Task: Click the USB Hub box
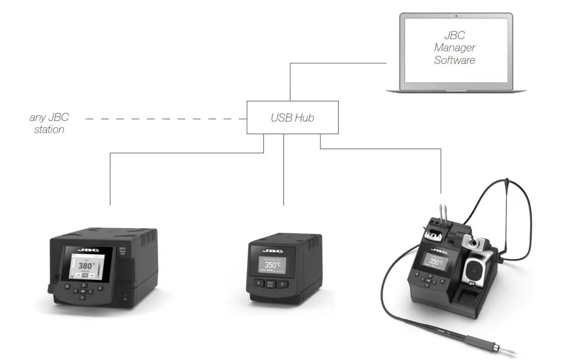click(x=292, y=118)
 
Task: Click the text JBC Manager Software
click(x=455, y=48)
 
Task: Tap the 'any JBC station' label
click(x=49, y=123)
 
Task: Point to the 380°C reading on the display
click(x=89, y=266)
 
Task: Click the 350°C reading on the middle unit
click(x=272, y=266)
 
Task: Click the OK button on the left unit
click(x=83, y=291)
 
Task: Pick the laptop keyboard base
click(x=456, y=90)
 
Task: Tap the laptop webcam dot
click(x=456, y=15)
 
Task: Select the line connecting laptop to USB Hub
click(x=290, y=81)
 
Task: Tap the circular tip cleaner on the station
click(x=475, y=268)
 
